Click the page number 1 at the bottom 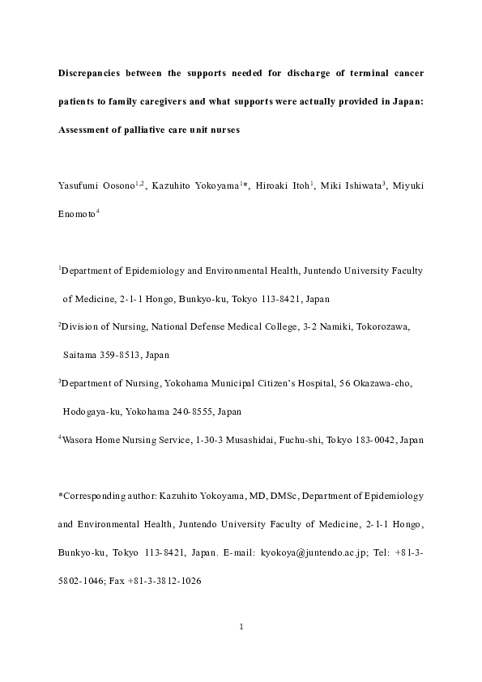241,626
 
